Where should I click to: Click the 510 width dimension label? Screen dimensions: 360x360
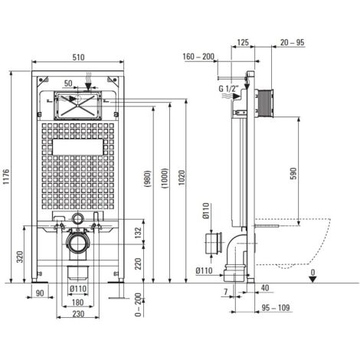point(78,57)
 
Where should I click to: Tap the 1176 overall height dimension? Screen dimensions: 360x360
point(6,177)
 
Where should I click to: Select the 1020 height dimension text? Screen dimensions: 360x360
point(182,177)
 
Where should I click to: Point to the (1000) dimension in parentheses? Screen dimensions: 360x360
point(165,178)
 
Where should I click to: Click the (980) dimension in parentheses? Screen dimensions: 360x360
point(149,179)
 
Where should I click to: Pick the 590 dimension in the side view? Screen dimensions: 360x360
point(293,173)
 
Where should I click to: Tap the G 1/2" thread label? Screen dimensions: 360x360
point(228,89)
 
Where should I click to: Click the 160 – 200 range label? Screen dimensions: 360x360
point(198,57)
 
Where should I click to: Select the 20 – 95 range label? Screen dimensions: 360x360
point(293,42)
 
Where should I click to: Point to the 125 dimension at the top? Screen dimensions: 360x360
point(243,42)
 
